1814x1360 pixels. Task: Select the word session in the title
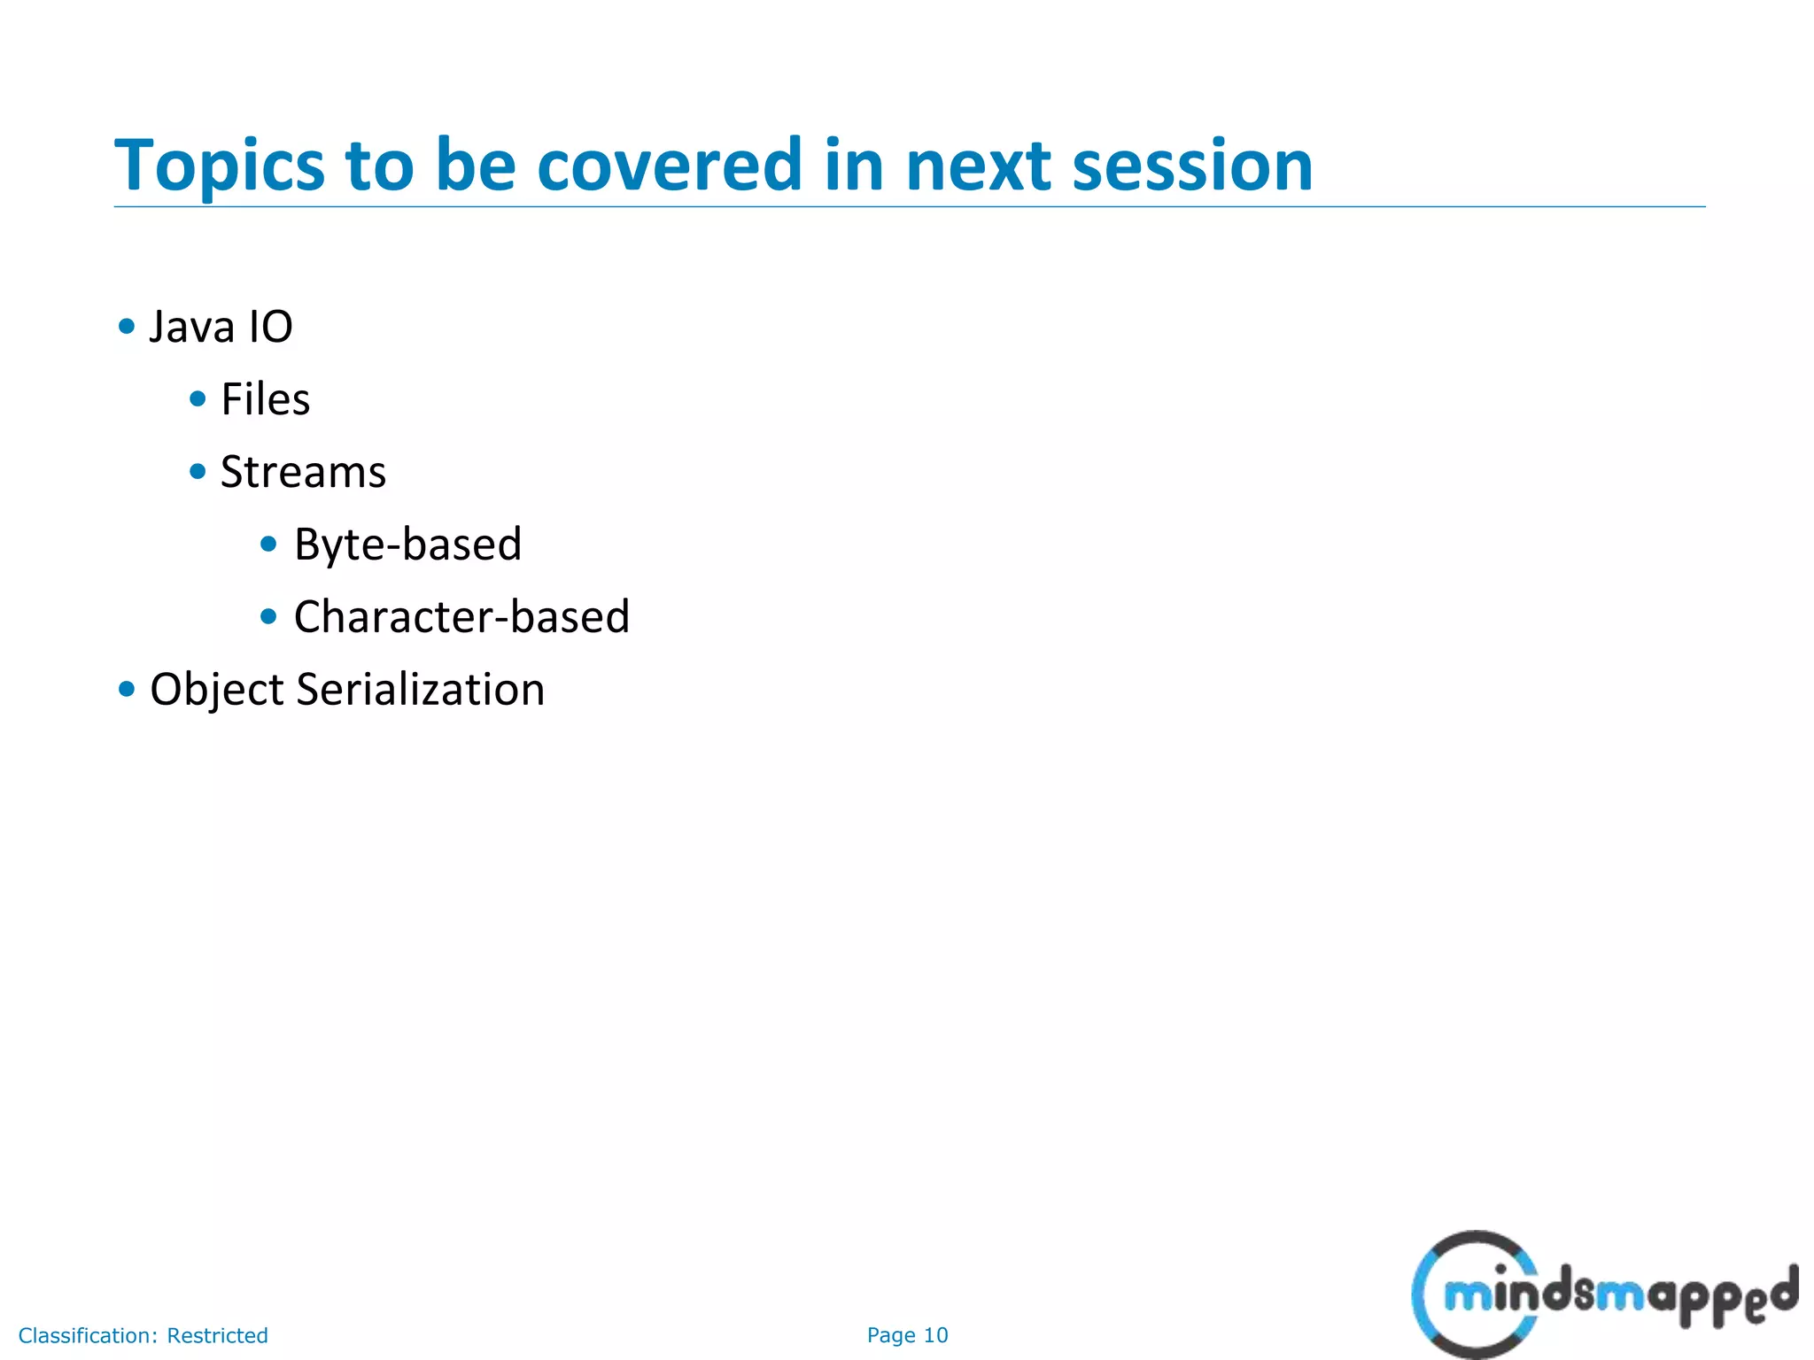[x=1192, y=166]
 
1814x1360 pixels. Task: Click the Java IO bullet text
[x=221, y=327]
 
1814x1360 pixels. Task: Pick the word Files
[x=265, y=399]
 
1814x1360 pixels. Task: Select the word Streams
[x=303, y=472]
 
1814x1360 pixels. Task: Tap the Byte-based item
[x=407, y=545]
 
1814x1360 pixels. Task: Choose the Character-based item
[x=461, y=617]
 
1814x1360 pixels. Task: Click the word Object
[x=216, y=690]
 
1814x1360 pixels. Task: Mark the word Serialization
[x=420, y=690]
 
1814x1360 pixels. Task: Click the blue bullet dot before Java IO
[x=127, y=327]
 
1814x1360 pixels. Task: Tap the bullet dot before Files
[x=198, y=399]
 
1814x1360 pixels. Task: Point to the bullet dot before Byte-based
[x=269, y=544]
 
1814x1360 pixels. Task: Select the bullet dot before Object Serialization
[x=127, y=689]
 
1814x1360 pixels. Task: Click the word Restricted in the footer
[x=217, y=1335]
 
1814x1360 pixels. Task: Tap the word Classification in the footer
[x=87, y=1335]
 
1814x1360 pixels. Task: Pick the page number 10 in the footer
[x=935, y=1335]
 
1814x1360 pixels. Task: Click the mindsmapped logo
[x=1603, y=1294]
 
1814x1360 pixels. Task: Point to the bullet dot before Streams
[x=198, y=472]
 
